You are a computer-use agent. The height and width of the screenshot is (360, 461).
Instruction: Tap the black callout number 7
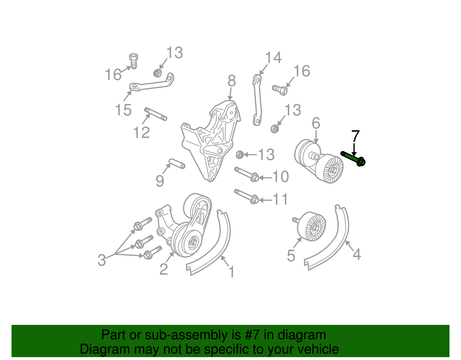[x=356, y=136]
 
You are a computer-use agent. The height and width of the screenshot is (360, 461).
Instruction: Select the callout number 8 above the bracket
[x=231, y=81]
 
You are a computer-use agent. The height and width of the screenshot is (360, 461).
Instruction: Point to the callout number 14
[x=273, y=57]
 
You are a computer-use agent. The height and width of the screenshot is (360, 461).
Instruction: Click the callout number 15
[x=123, y=110]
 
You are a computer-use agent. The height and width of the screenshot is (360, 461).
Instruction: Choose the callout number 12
[x=141, y=132]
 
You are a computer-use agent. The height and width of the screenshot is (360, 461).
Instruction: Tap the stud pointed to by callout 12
[x=156, y=114]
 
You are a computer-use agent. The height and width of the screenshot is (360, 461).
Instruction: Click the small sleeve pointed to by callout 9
[x=177, y=163]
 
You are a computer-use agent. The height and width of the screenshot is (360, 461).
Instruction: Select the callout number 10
[x=280, y=176]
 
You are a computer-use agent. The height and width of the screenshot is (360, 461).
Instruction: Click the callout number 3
[x=102, y=260]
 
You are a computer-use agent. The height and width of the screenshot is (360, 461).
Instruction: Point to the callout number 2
[x=164, y=269]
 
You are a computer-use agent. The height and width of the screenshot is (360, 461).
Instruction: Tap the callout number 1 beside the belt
[x=232, y=272]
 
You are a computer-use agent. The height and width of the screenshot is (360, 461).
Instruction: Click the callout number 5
[x=291, y=256]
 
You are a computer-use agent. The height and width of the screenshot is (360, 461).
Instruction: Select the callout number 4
[x=357, y=254]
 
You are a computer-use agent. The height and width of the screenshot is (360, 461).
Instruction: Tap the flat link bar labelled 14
[x=257, y=100]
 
